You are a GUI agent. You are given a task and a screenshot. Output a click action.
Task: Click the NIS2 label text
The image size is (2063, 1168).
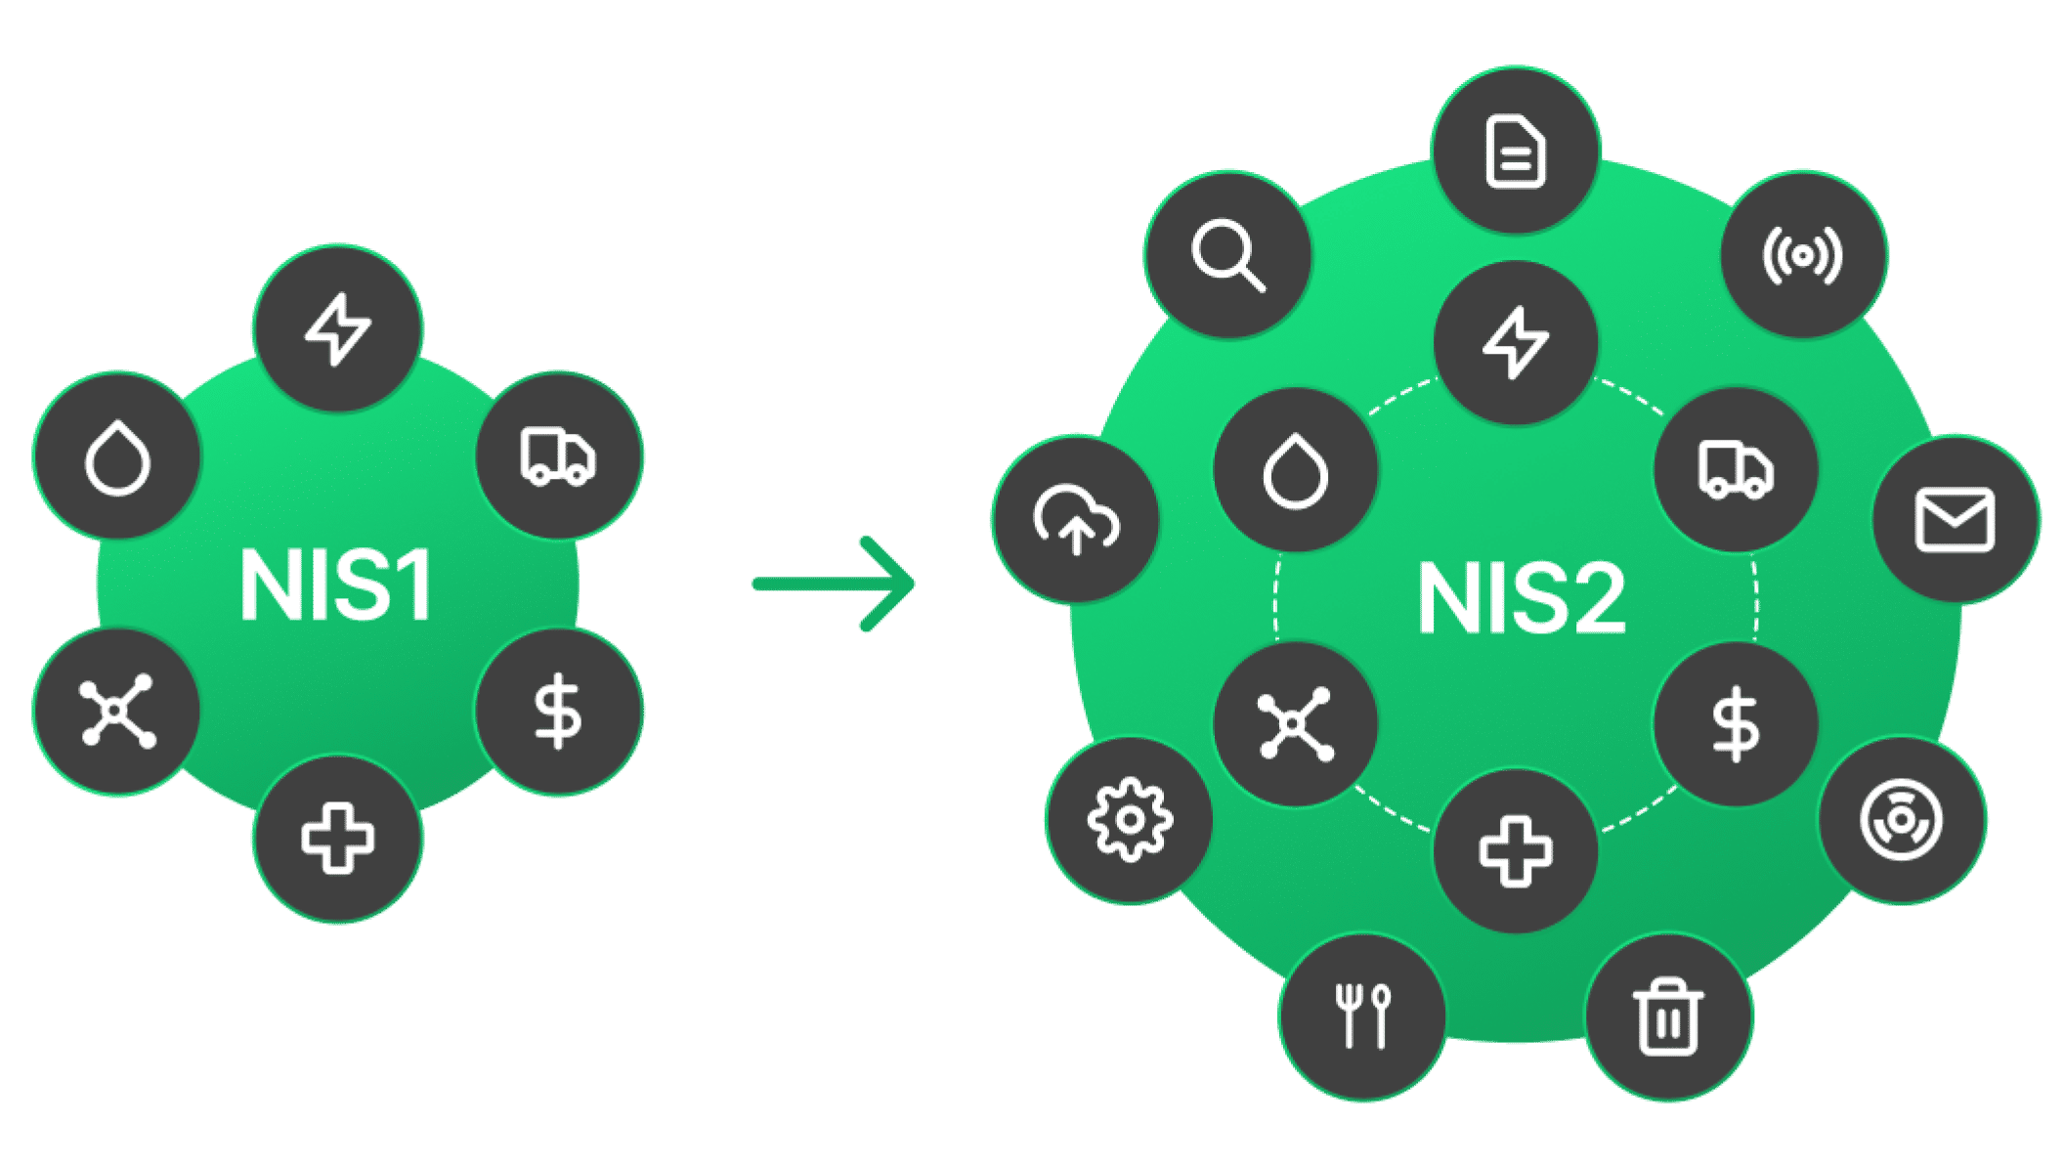1522,598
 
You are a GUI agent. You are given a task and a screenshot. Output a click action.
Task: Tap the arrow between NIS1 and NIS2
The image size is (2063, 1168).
834,584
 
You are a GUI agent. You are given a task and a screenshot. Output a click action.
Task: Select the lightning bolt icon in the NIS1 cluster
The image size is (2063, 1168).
337,328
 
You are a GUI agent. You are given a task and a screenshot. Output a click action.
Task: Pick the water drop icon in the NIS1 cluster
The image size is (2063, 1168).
117,456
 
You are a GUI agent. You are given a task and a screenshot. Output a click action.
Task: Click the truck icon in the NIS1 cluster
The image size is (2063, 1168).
558,455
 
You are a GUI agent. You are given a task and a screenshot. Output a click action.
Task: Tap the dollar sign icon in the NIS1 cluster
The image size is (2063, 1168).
558,711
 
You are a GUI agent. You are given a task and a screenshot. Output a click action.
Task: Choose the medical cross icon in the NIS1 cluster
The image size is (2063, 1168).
337,838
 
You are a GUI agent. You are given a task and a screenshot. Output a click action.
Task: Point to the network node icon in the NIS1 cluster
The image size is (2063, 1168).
117,711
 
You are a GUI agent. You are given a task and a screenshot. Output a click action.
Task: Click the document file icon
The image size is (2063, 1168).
1515,151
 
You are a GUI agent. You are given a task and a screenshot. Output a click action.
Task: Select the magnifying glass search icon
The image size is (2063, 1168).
1227,255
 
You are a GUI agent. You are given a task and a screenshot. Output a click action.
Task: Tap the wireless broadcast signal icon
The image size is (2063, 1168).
1803,255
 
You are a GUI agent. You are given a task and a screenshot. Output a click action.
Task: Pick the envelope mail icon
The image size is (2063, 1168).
1955,519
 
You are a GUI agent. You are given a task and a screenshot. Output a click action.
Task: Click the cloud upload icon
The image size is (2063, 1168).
1076,519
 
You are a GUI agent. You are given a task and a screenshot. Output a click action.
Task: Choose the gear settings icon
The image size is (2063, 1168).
1130,820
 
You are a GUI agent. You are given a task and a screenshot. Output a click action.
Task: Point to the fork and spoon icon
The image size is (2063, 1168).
1362,1017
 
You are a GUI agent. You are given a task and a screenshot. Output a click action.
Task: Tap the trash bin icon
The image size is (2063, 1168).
1667,1017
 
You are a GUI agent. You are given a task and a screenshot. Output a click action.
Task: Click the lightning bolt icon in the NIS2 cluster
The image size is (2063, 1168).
1515,341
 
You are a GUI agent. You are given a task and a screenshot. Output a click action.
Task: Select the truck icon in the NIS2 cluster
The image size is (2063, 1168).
1736,470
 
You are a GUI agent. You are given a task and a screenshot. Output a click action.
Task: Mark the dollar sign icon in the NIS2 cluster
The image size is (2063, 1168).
1736,723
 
